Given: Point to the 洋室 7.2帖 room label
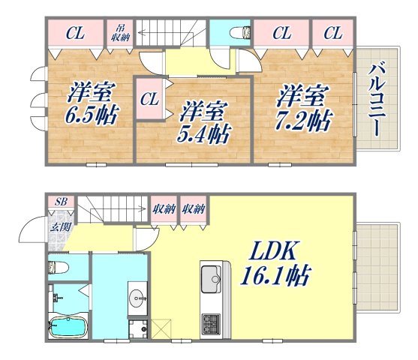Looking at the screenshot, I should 303,106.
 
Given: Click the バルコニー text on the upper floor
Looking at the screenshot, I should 374,97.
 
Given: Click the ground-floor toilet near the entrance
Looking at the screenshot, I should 60,267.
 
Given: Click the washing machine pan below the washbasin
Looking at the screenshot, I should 139,328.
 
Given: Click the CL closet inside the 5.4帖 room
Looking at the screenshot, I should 149,98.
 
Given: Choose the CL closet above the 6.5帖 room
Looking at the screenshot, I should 74,33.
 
